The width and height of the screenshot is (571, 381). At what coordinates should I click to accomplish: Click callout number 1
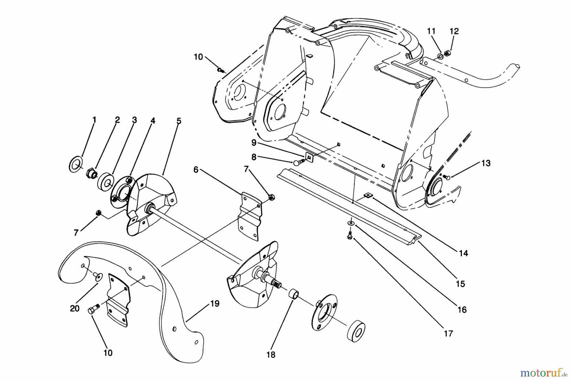[x=94, y=120]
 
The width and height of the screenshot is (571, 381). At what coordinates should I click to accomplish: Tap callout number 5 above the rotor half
[x=179, y=121]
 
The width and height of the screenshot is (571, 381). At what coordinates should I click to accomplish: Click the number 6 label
[x=196, y=170]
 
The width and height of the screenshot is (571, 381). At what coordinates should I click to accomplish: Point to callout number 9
[x=254, y=143]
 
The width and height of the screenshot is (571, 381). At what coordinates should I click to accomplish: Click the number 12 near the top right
[x=454, y=31]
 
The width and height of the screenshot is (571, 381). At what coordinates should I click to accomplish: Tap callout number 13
[x=486, y=163]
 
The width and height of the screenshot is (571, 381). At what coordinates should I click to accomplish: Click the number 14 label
[x=463, y=253]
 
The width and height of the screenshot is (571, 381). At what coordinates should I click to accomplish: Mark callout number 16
[x=462, y=309]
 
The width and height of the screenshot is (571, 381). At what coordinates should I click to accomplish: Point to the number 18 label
[x=271, y=354]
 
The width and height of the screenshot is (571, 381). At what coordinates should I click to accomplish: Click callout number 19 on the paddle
[x=215, y=304]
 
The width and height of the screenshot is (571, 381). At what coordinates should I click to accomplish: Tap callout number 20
[x=75, y=308]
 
